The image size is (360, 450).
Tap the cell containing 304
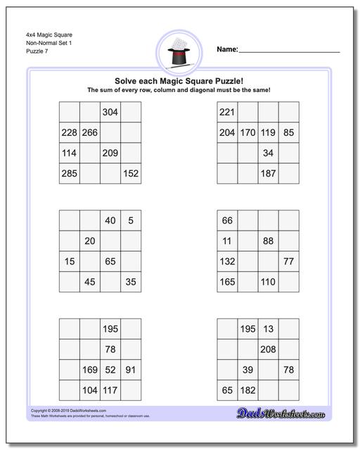[110, 112]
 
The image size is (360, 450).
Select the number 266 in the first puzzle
[89, 133]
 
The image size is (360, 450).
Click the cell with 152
[130, 173]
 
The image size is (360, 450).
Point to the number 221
[226, 112]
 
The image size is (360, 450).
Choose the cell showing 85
[288, 133]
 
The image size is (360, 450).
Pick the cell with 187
[268, 173]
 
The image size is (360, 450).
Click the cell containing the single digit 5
[130, 221]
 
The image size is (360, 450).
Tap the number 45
[89, 282]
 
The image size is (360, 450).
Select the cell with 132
[226, 262]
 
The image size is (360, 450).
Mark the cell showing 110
[268, 282]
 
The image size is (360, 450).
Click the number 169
[89, 370]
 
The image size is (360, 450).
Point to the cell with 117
[110, 390]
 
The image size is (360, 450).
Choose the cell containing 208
[268, 349]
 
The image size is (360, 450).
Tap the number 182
[247, 390]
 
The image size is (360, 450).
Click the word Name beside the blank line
[226, 50]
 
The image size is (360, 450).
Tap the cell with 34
[268, 153]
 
